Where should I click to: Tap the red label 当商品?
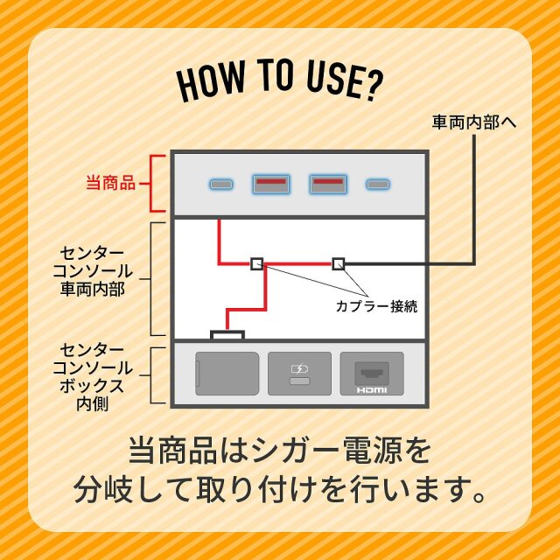(x=111, y=184)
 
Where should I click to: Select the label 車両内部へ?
(x=474, y=122)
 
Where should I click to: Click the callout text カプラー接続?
(x=377, y=306)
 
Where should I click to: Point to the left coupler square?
(x=257, y=264)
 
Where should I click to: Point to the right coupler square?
(x=339, y=264)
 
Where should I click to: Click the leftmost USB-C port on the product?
(x=221, y=185)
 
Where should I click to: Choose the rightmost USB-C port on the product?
(x=378, y=185)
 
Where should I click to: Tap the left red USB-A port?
(x=271, y=184)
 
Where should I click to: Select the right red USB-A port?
(x=328, y=184)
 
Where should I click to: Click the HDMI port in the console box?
(x=372, y=374)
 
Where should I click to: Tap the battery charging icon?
(x=299, y=368)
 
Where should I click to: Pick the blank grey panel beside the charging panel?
(x=227, y=374)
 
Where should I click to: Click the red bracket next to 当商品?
(x=151, y=184)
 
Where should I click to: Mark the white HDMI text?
(x=372, y=390)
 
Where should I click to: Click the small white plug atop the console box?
(x=227, y=335)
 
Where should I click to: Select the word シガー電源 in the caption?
(x=309, y=451)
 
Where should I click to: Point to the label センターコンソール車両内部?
(x=93, y=271)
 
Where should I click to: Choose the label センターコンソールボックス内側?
(x=93, y=377)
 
